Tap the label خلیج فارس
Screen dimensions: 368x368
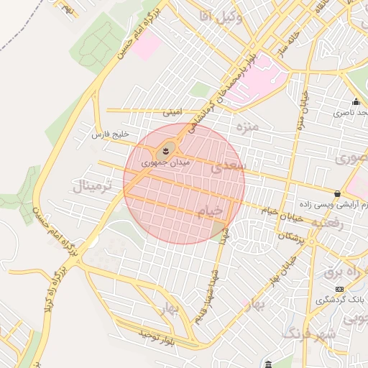point(110,134)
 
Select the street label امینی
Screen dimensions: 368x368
point(174,112)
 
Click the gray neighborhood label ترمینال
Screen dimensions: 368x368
point(92,187)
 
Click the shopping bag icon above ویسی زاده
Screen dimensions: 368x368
point(337,193)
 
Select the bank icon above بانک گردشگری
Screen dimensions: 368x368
point(339,289)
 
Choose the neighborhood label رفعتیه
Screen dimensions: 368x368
point(327,224)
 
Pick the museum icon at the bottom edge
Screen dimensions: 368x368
point(268,364)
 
